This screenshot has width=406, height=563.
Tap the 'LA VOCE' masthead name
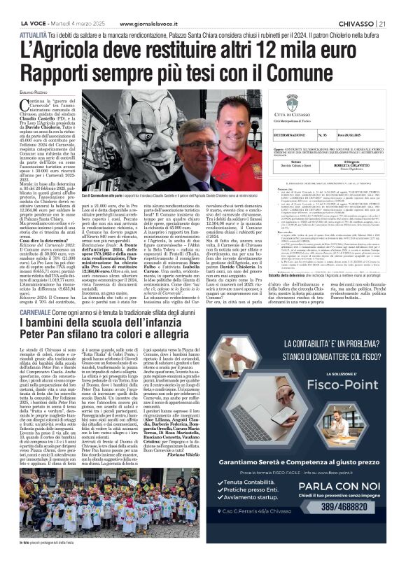[x=22, y=6]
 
